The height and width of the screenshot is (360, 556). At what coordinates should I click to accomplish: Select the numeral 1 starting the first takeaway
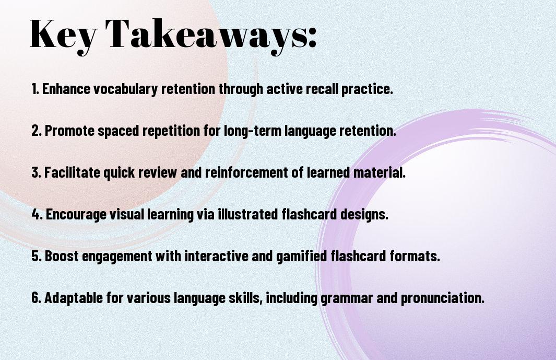pyautogui.click(x=34, y=88)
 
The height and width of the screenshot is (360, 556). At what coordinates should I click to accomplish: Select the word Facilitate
pyautogui.click(x=73, y=172)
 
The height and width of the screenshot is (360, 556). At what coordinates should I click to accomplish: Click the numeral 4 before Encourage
pyautogui.click(x=36, y=214)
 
